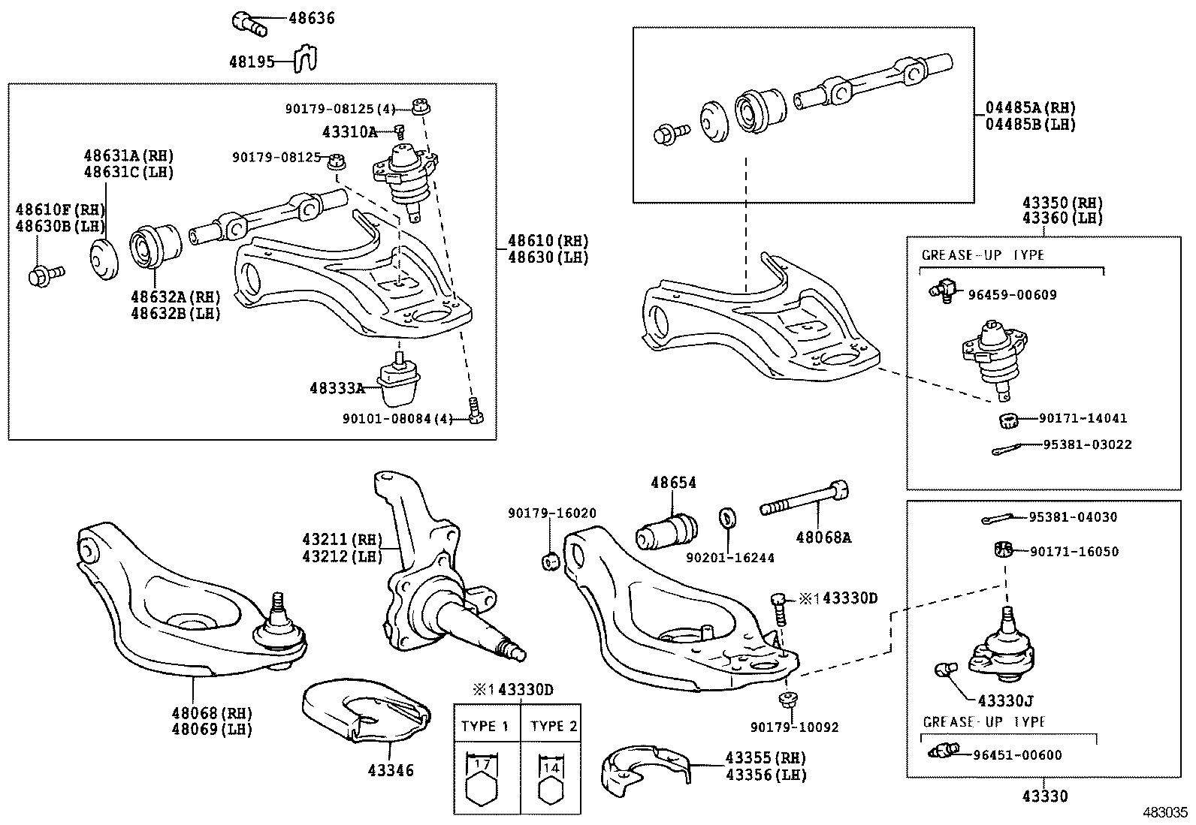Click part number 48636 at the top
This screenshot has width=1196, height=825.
tap(312, 18)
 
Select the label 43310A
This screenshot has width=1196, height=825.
tap(349, 132)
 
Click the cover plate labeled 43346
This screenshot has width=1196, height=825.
tap(366, 710)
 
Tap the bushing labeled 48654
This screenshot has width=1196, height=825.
tap(667, 531)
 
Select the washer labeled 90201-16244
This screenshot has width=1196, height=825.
tap(727, 518)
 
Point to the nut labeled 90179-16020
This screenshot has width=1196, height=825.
tap(551, 562)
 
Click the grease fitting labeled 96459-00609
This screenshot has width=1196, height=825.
tap(943, 291)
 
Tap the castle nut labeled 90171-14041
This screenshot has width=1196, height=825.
tap(1008, 420)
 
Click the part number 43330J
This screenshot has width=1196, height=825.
tap(1006, 700)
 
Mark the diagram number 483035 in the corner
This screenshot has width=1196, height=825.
tap(1165, 812)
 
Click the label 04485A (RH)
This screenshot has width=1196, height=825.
tap(1031, 108)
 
